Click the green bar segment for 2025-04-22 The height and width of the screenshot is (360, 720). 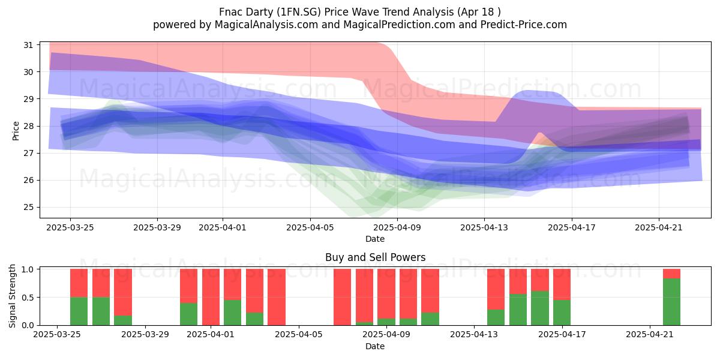coord(671,302)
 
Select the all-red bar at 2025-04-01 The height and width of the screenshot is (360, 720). coord(211,297)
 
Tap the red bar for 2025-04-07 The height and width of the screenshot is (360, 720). coord(343,297)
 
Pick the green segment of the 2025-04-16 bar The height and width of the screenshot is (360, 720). coord(540,308)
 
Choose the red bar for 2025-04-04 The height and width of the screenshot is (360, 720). coord(277,297)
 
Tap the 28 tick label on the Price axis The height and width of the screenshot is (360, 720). coord(28,126)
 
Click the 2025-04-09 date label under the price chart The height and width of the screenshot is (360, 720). coord(397,227)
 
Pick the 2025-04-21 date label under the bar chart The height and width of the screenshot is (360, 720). coord(650,335)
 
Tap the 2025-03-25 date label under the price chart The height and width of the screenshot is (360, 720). coord(70,227)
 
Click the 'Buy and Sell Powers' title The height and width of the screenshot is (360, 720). coord(375,257)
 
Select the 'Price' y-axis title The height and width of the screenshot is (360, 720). coord(16,131)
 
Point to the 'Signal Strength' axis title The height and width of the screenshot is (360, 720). coord(12,296)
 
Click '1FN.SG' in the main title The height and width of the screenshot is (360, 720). coord(301,12)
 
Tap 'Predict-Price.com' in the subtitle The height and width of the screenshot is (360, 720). coord(524,25)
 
